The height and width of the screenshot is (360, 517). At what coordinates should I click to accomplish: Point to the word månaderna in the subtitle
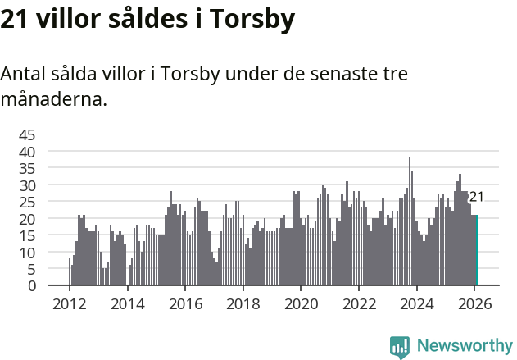click(52, 100)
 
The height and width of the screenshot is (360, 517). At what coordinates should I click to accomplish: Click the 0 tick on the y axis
click(31, 286)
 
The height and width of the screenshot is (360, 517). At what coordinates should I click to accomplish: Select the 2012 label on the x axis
click(69, 303)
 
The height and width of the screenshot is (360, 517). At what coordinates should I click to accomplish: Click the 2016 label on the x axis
click(184, 303)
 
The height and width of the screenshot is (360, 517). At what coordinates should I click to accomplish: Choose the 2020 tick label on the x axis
click(301, 303)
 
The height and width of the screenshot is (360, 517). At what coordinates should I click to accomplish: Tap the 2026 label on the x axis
click(474, 303)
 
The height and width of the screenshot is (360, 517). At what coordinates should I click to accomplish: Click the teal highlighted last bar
click(477, 251)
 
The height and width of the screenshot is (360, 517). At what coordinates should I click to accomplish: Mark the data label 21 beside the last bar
click(476, 197)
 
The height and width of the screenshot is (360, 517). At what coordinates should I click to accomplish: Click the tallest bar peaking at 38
click(410, 222)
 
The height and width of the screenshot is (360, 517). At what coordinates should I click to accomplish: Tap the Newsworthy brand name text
click(464, 346)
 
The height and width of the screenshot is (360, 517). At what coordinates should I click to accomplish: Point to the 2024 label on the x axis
click(416, 303)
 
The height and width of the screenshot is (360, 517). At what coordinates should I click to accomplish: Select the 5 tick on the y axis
click(31, 269)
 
